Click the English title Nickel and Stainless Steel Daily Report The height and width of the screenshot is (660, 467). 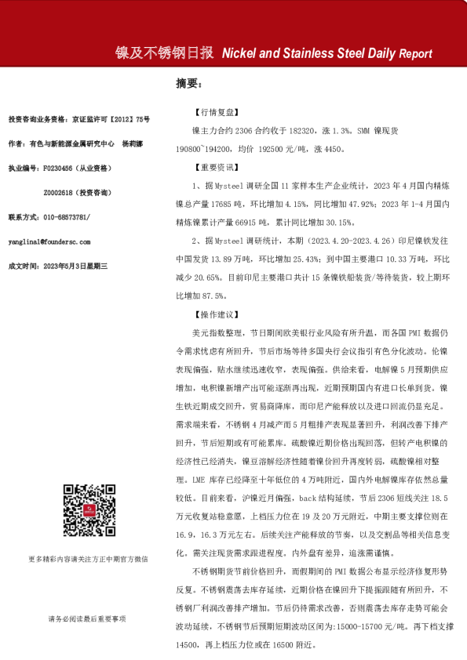[x=327, y=53]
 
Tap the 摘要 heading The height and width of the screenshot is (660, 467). [x=189, y=84]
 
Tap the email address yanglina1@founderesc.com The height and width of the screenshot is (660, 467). [x=49, y=242]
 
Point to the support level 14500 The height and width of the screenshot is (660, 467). [x=195, y=645]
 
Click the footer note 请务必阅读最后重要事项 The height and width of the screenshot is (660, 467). [x=86, y=619]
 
